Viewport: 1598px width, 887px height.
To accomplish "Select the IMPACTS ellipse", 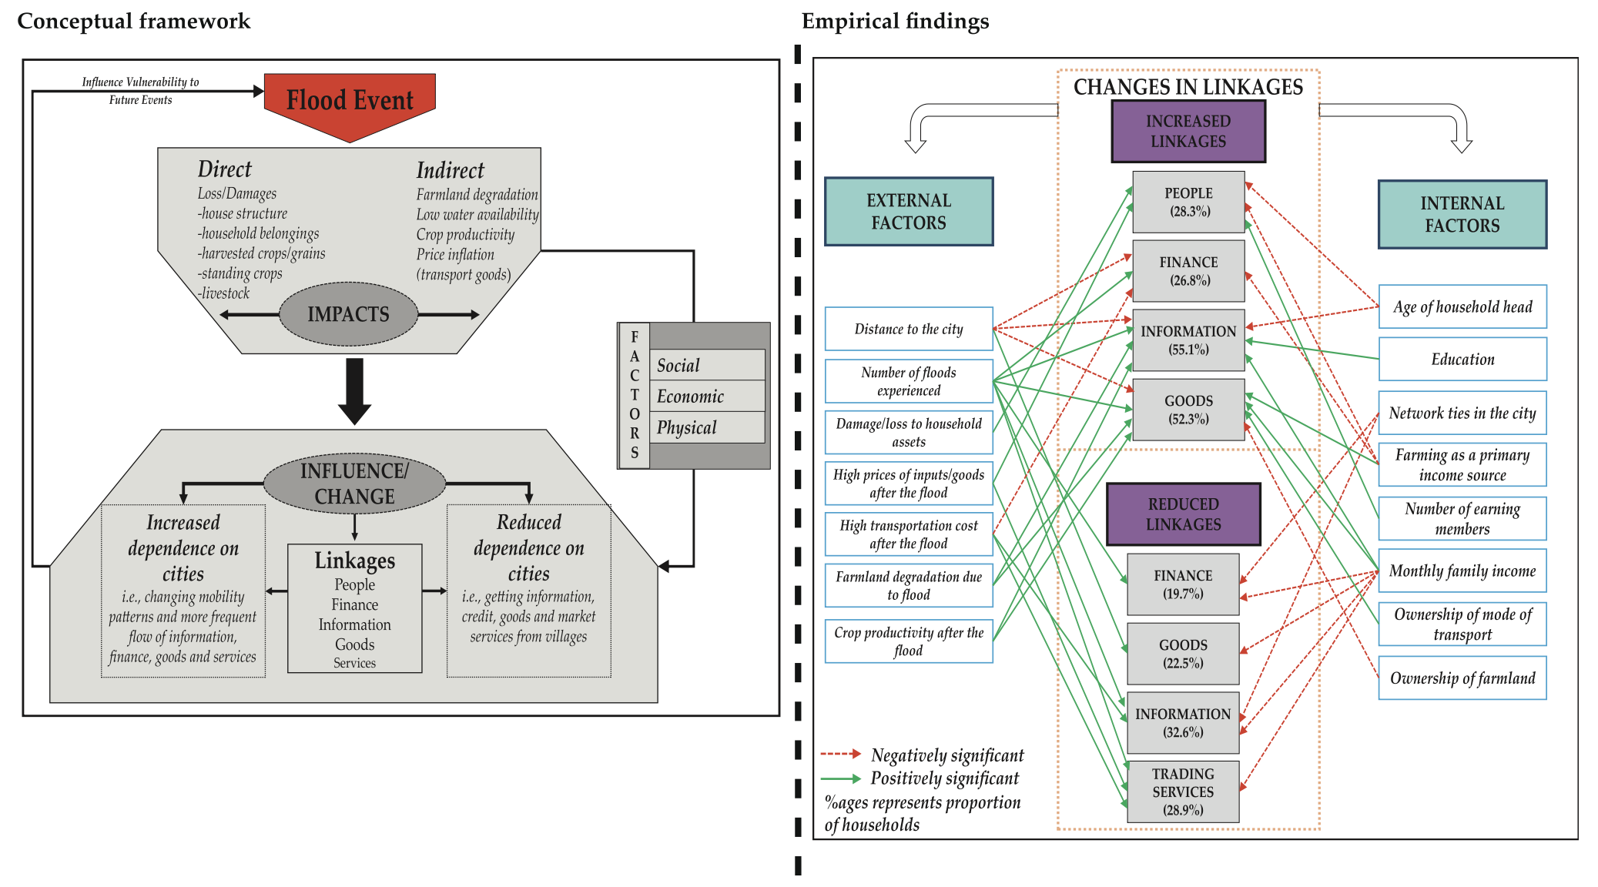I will pos(348,314).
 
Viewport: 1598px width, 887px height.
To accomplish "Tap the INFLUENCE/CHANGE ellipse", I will pos(354,484).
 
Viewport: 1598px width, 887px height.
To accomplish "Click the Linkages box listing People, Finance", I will pos(354,608).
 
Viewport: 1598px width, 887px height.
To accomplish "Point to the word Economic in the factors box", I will pos(690,397).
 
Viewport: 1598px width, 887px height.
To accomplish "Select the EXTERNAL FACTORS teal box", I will pos(909,212).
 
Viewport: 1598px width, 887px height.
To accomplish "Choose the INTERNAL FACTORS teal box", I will pos(1462,215).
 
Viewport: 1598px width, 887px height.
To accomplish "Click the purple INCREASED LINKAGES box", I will pos(1188,132).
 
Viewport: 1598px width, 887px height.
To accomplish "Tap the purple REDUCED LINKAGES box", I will pos(1183,514).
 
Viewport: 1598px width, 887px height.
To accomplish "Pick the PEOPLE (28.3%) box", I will pos(1188,202).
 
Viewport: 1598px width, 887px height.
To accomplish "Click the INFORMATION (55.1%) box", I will pos(1188,340).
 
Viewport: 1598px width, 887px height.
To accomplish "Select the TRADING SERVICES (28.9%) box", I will pos(1182,792).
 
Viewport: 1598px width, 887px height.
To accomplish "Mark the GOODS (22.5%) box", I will pos(1182,654).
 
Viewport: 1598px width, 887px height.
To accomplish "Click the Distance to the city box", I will pos(909,330).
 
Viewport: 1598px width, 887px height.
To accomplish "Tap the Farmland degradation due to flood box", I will pos(909,586).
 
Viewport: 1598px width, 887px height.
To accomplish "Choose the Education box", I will pos(1462,360).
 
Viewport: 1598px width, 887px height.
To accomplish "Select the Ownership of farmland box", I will pos(1462,678).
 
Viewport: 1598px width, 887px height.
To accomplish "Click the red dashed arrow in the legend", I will pos(840,754).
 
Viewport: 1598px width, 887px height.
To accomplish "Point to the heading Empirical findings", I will pos(895,22).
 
